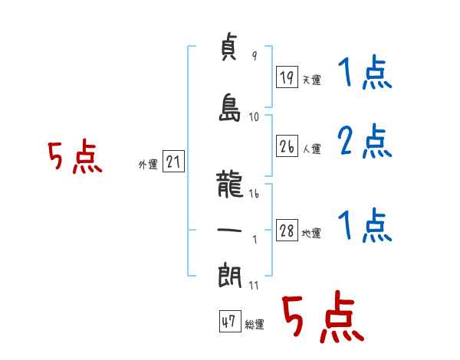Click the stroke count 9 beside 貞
pyautogui.click(x=254, y=56)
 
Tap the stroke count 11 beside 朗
pyautogui.click(x=254, y=286)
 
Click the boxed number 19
pyautogui.click(x=287, y=77)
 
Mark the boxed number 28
pyautogui.click(x=287, y=231)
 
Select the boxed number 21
pyautogui.click(x=173, y=162)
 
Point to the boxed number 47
pyautogui.click(x=228, y=322)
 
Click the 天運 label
pyautogui.click(x=312, y=80)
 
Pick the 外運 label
pyautogui.click(x=147, y=164)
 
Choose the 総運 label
pyautogui.click(x=254, y=325)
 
